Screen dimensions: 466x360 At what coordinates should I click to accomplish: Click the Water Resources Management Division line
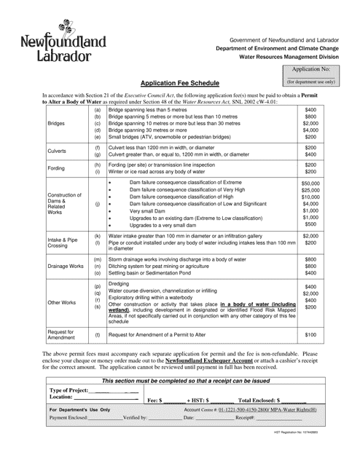291,55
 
